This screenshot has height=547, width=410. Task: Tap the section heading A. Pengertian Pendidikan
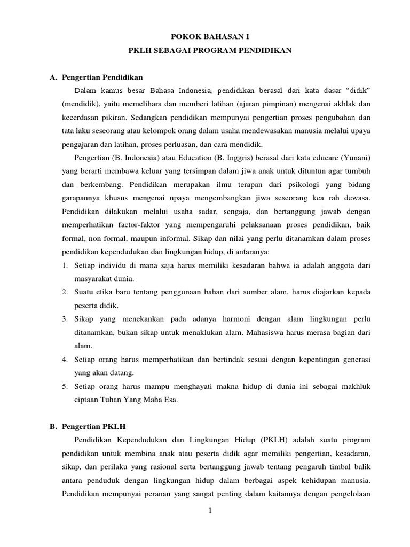96,77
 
